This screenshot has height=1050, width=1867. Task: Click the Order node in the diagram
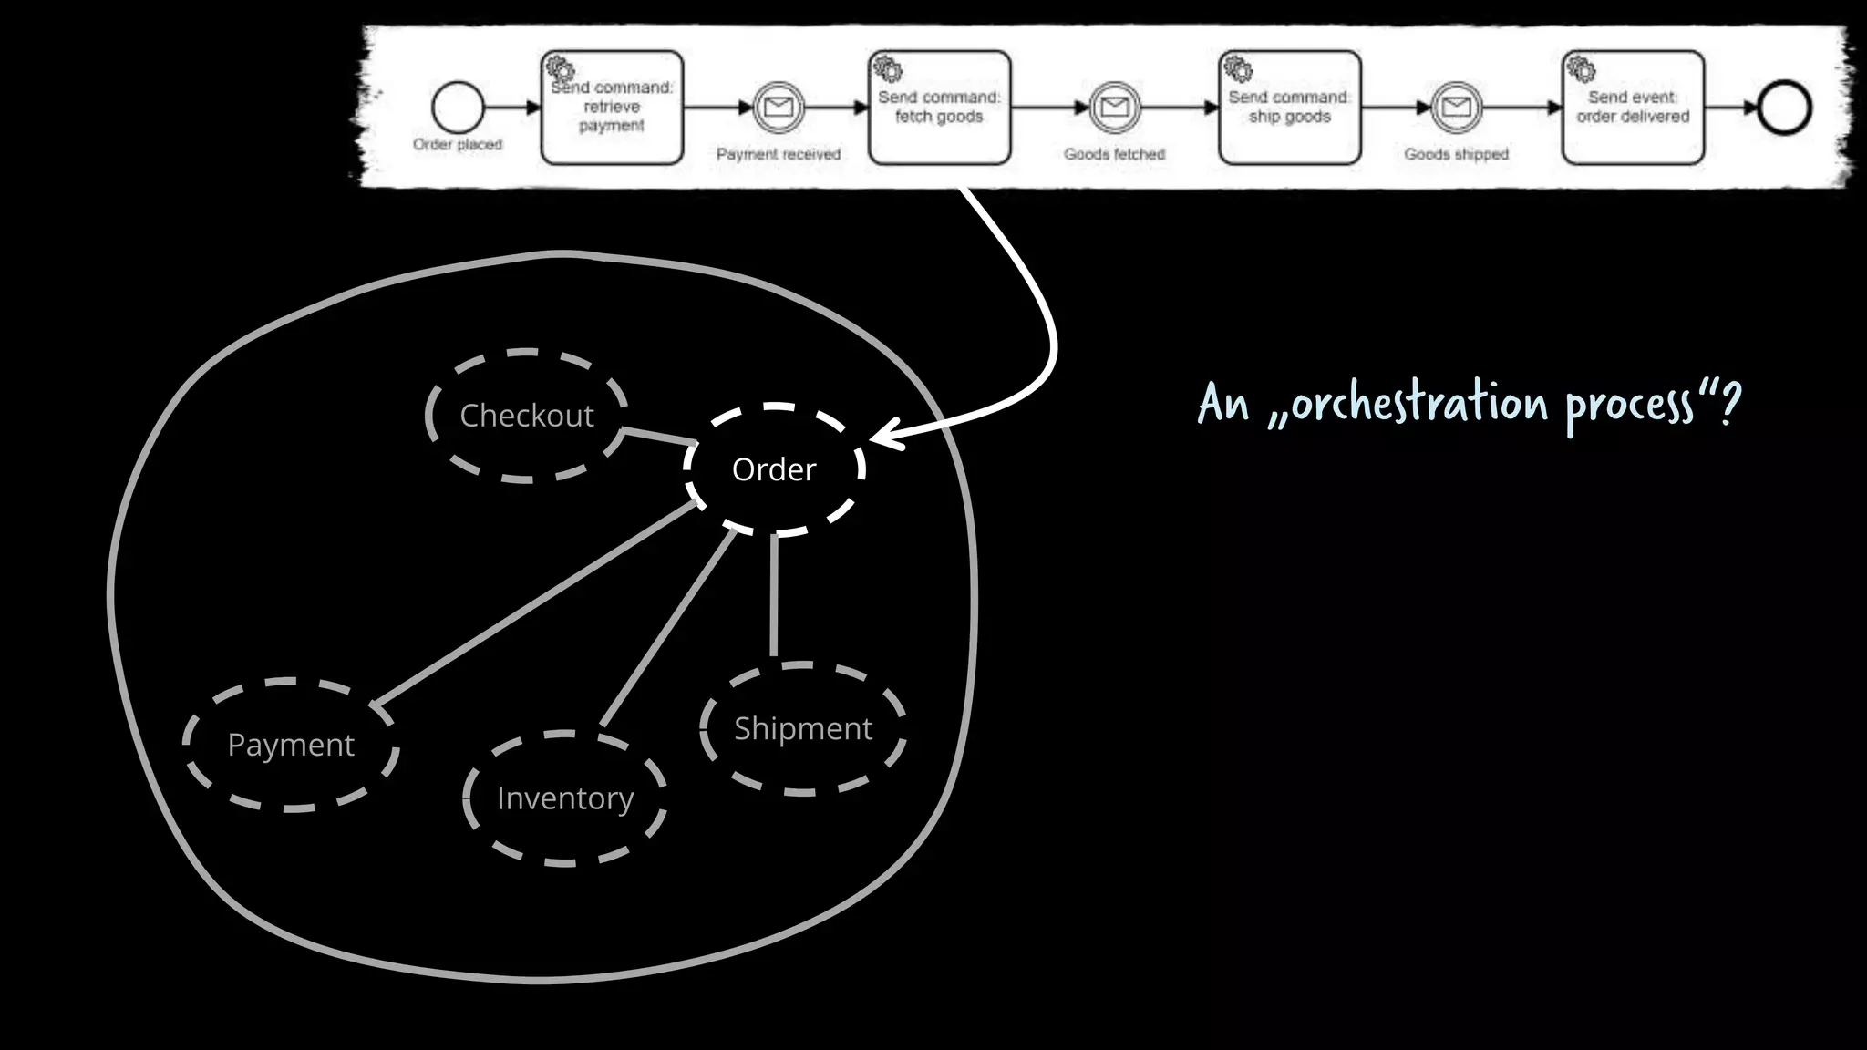(774, 469)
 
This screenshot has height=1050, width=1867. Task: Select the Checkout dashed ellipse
(527, 416)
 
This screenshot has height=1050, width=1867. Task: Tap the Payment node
(291, 745)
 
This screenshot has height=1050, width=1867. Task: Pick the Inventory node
(564, 798)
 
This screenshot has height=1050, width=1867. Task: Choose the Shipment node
(803, 728)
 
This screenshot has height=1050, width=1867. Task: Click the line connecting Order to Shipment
(774, 597)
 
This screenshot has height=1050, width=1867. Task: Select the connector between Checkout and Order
(659, 437)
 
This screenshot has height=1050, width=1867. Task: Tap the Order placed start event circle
(458, 108)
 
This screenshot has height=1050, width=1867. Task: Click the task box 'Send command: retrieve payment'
(612, 108)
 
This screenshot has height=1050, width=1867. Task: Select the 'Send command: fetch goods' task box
(939, 108)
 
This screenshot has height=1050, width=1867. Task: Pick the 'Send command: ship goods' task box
(1289, 108)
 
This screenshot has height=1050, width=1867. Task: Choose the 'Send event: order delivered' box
(1633, 108)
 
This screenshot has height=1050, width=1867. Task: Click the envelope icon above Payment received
(778, 108)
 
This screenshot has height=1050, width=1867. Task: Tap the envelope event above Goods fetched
(1114, 108)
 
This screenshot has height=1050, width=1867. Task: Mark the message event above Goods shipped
(1456, 108)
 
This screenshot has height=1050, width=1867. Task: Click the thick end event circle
(1784, 108)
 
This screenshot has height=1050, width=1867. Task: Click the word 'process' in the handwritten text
(1629, 404)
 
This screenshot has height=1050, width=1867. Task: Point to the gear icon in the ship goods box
(1237, 68)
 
